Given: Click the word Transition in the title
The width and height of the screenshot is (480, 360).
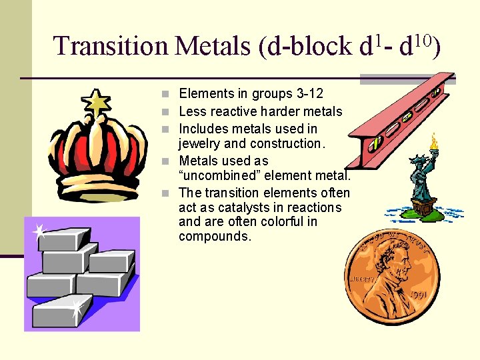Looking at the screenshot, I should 111,45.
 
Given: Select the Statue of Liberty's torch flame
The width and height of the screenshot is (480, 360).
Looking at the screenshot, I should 435,141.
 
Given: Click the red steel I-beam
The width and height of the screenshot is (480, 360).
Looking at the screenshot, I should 400,120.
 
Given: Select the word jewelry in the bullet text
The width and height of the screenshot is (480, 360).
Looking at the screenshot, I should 201,143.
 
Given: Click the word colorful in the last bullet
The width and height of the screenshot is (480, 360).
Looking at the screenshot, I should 294,221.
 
